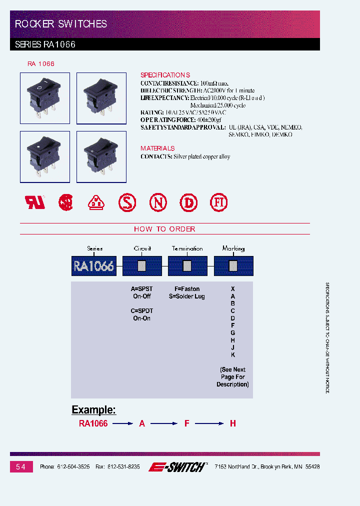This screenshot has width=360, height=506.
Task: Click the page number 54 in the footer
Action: tap(20, 466)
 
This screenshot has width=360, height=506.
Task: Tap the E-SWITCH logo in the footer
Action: tap(177, 467)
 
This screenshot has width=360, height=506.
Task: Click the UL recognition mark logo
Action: tap(35, 202)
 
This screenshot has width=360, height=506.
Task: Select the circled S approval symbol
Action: tap(127, 202)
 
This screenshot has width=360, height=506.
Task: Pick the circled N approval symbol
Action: tap(158, 202)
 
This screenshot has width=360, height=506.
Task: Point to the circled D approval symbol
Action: tap(188, 202)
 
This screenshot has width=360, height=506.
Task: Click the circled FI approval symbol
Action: tap(218, 202)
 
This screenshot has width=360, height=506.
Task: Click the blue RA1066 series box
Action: tap(94, 266)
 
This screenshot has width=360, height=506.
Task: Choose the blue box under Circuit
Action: tap(142, 266)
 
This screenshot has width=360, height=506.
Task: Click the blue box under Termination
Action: tap(187, 266)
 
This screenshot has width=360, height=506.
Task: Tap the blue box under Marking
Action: tap(233, 266)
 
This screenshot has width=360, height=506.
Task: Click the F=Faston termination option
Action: tap(186, 289)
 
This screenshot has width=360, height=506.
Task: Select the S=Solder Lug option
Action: tap(186, 296)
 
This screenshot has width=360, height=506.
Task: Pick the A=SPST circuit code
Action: tap(141, 289)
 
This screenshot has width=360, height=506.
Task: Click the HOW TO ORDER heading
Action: tap(164, 229)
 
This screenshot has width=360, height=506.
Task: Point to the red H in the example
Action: tap(232, 423)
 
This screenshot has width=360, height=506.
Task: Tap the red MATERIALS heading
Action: tap(157, 148)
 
